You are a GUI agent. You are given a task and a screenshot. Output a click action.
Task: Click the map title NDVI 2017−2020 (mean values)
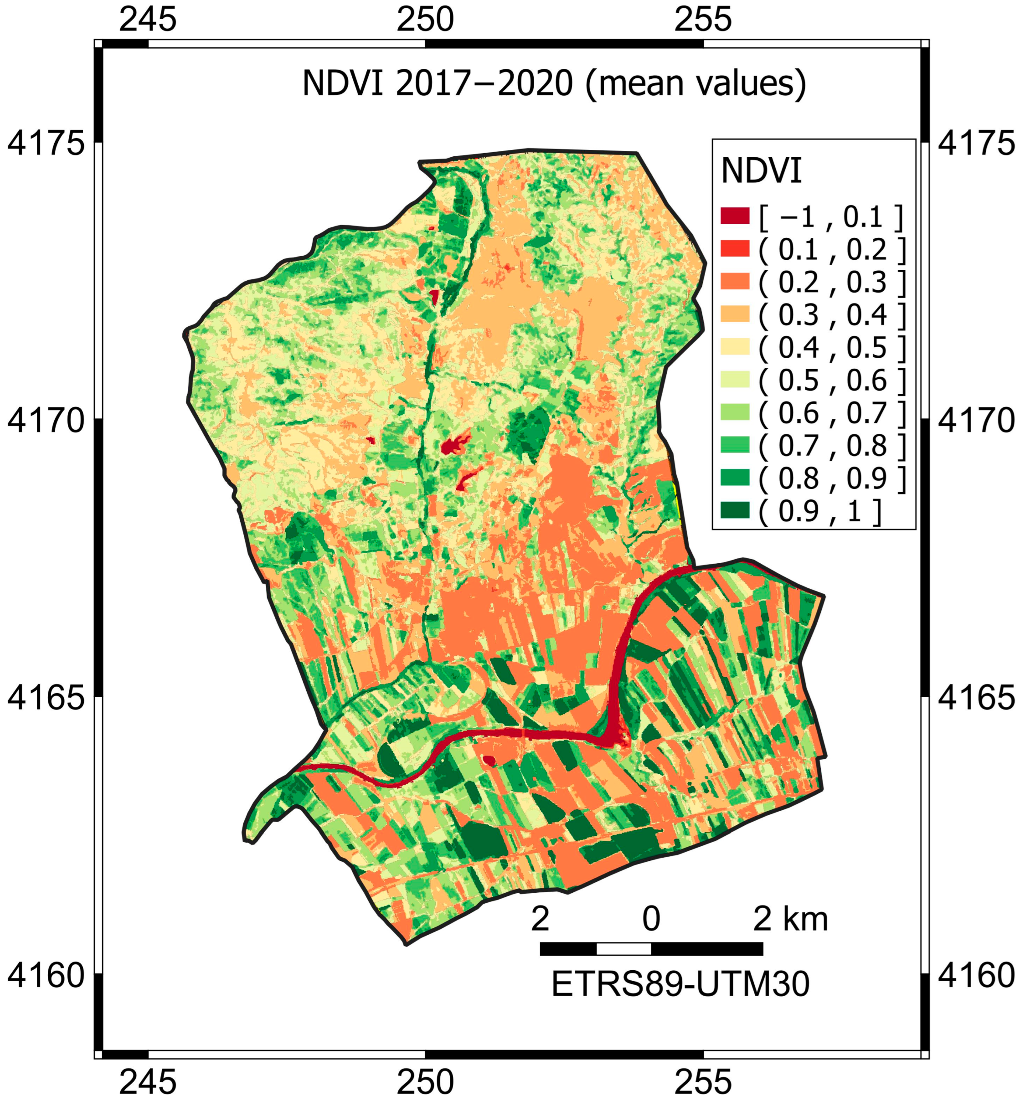pyautogui.click(x=553, y=84)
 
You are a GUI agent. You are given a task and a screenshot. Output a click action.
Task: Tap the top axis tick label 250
pyautogui.click(x=425, y=20)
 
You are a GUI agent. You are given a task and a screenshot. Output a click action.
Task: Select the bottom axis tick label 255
pyautogui.click(x=703, y=1080)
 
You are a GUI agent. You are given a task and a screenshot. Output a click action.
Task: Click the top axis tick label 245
pyautogui.click(x=148, y=20)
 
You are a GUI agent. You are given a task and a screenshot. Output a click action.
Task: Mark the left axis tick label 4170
pyautogui.click(x=46, y=421)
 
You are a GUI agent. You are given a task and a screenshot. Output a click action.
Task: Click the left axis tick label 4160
pyautogui.click(x=46, y=975)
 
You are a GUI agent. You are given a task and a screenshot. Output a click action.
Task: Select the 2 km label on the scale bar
pyautogui.click(x=790, y=919)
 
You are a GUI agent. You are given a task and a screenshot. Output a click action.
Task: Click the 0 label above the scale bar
pyautogui.click(x=651, y=919)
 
